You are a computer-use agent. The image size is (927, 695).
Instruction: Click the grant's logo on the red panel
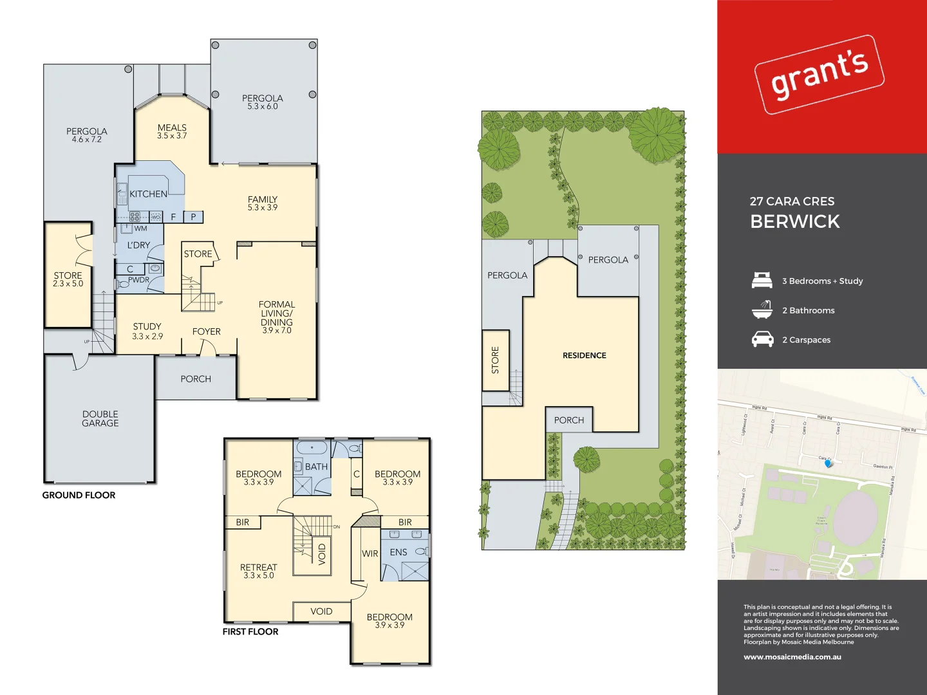click(x=819, y=75)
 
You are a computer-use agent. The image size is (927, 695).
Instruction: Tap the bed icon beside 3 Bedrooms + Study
click(x=762, y=281)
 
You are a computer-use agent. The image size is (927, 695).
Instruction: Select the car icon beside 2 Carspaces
click(x=762, y=339)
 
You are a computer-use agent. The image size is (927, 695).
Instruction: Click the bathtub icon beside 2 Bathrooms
click(x=762, y=310)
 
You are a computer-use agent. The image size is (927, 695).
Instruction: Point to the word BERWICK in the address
click(x=795, y=221)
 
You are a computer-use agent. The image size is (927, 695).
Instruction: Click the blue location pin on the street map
click(x=828, y=462)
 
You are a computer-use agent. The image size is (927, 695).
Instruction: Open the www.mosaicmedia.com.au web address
click(x=792, y=657)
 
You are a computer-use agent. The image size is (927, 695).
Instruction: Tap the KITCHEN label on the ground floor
click(x=148, y=194)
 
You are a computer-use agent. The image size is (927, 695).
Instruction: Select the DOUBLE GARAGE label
click(x=100, y=418)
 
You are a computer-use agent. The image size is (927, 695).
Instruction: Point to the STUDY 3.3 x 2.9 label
click(x=147, y=331)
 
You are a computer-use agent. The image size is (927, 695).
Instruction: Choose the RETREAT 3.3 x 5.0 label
click(x=258, y=571)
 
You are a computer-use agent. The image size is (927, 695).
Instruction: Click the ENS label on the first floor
click(x=398, y=552)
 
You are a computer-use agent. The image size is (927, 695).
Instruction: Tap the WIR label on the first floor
click(x=370, y=553)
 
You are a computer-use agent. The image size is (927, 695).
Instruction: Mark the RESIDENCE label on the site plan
click(x=584, y=355)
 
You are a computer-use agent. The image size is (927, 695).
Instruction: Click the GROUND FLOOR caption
click(x=79, y=495)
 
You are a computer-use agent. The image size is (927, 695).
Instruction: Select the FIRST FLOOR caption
click(x=250, y=632)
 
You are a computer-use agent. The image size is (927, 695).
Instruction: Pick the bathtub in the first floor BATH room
click(x=312, y=448)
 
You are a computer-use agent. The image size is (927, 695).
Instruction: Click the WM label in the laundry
click(x=140, y=228)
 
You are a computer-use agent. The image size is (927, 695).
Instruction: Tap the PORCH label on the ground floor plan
click(x=196, y=379)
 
